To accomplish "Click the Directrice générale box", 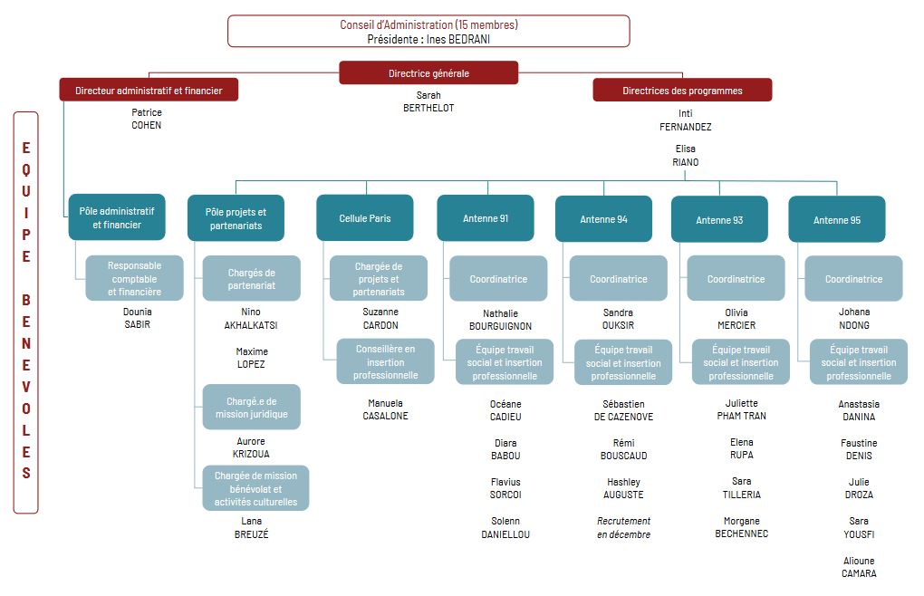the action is point(428,73).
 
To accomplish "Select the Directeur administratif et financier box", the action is point(149,90).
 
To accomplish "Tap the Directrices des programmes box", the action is point(682,90).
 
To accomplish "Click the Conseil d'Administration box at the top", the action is point(428,31).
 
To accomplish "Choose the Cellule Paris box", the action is point(365,218).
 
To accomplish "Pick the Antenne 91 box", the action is point(486,218).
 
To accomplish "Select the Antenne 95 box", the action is point(837,219).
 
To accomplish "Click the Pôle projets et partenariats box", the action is point(236,218).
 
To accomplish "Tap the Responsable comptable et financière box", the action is point(134,278).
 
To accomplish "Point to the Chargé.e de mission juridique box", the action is point(252,407).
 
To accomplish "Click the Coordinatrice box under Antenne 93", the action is point(736,279).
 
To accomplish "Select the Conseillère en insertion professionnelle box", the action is point(385,361).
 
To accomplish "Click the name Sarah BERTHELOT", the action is point(428,101).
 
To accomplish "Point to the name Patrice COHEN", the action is point(146,119).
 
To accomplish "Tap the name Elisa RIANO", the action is point(686,156).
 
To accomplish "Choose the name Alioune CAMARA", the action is point(859,566).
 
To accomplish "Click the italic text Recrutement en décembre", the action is point(623,528).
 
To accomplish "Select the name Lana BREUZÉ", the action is point(251,527).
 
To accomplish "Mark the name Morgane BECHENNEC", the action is point(741,527).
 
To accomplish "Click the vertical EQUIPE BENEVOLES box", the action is point(26,312).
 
